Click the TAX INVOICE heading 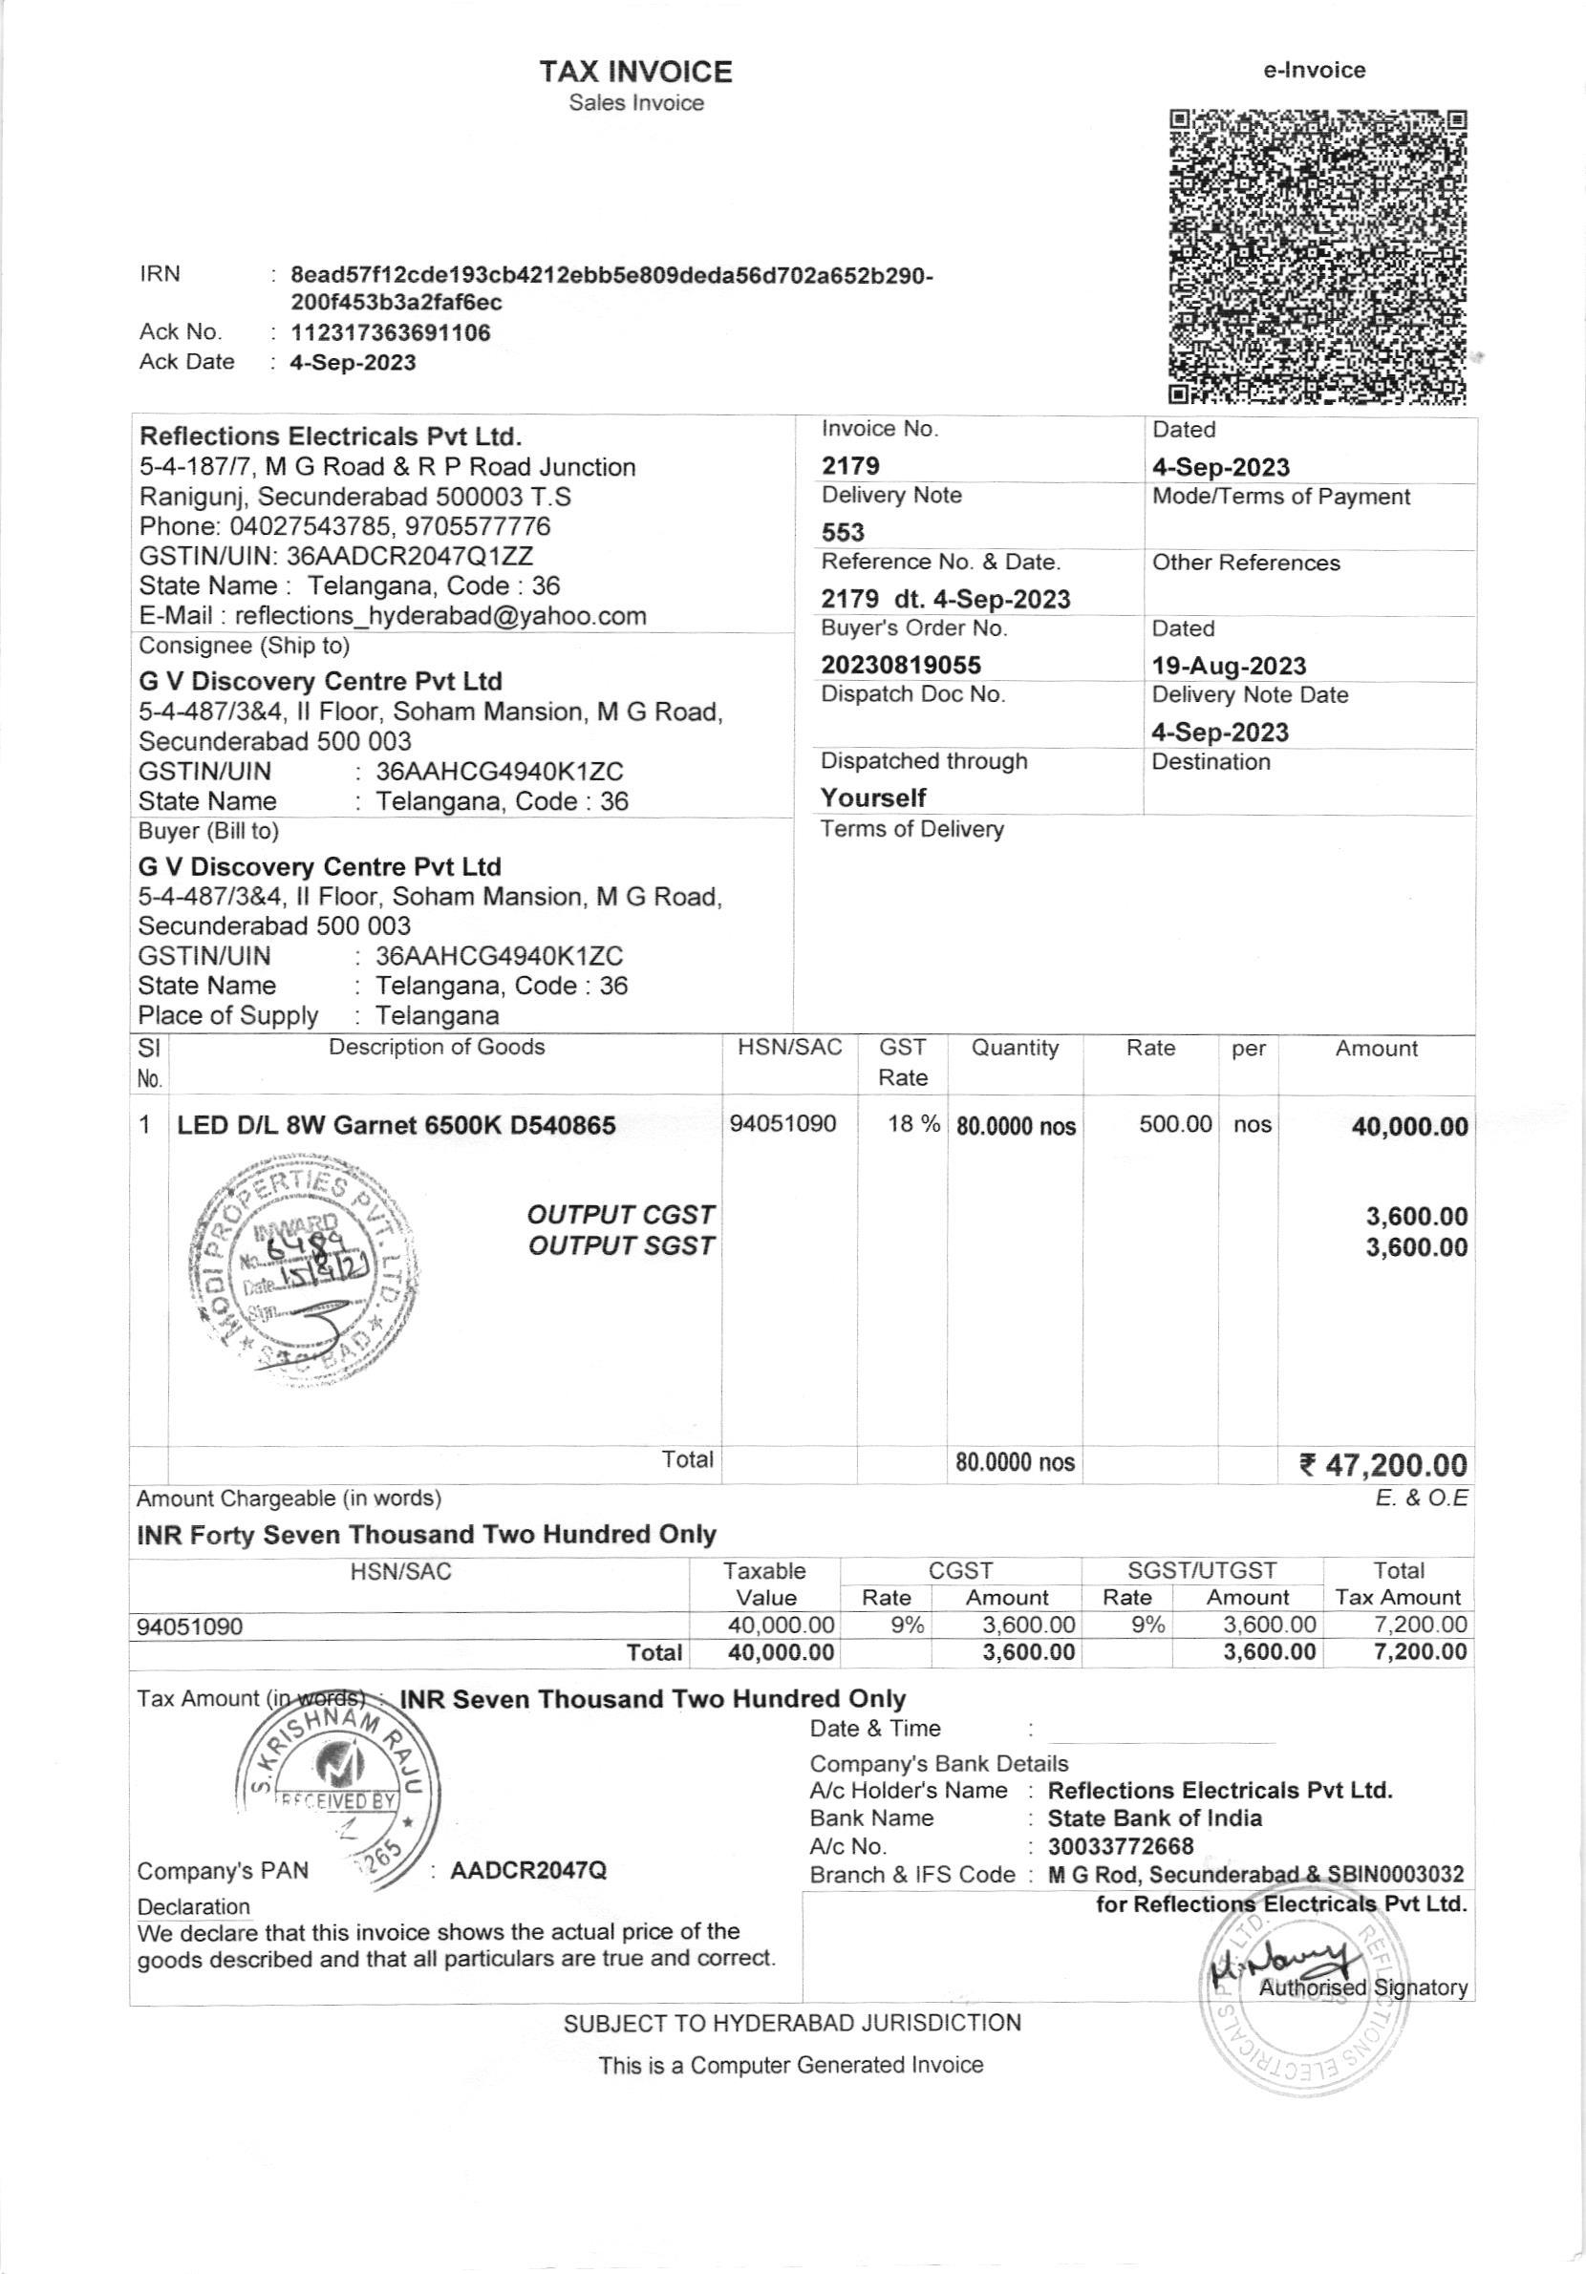tap(636, 72)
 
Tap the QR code tap(1317, 257)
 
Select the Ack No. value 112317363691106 tap(391, 332)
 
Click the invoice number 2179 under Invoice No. tap(850, 466)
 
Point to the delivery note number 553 tap(842, 533)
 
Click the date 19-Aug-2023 tap(1229, 666)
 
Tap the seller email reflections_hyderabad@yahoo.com tap(439, 616)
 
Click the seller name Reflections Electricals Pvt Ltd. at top tap(331, 436)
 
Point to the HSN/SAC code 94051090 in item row tap(782, 1124)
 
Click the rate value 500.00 tap(1175, 1124)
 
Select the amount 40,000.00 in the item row tap(1408, 1126)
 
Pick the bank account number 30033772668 tap(1121, 1846)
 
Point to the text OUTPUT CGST tap(620, 1214)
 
